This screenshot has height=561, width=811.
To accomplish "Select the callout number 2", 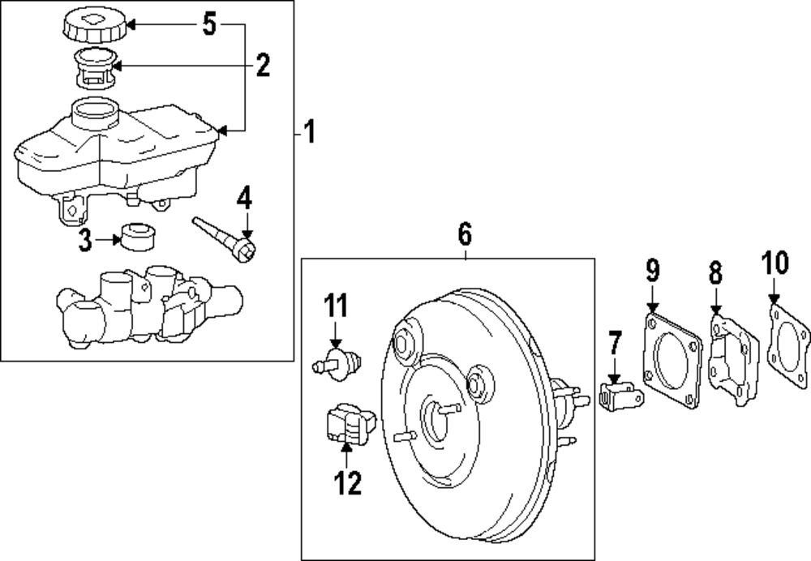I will (262, 65).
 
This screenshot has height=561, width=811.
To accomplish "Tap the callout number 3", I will (85, 240).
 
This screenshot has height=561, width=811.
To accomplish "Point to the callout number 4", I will (245, 197).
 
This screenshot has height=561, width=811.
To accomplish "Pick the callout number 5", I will (209, 25).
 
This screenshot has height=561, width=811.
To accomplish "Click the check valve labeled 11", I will (337, 362).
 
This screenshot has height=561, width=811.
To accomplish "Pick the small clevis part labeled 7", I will (621, 396).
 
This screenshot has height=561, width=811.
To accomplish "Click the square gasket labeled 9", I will (670, 362).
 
